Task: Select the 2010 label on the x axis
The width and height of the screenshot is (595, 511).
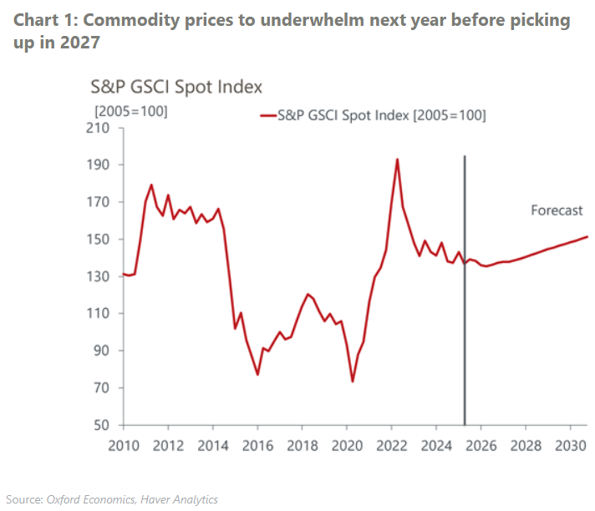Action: (124, 444)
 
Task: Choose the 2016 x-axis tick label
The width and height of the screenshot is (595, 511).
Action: (257, 444)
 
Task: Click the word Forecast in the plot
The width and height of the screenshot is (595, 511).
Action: (557, 210)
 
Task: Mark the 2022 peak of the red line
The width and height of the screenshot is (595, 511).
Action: (396, 159)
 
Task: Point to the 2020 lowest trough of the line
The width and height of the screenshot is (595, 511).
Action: (353, 382)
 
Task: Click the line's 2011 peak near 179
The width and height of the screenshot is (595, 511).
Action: (150, 185)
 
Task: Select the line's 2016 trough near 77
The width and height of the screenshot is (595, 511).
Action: (257, 374)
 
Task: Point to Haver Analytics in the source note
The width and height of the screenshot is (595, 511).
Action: (179, 499)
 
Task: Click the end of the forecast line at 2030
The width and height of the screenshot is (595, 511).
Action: (587, 236)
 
